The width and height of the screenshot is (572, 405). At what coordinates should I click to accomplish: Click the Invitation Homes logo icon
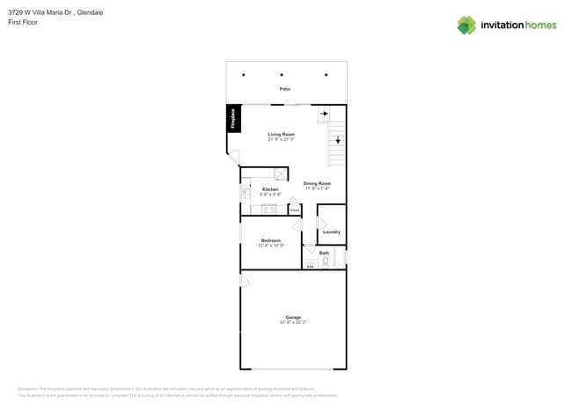pyautogui.click(x=466, y=25)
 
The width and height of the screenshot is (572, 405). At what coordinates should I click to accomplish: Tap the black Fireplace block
pyautogui.click(x=233, y=119)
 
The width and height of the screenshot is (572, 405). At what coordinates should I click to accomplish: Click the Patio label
pyautogui.click(x=285, y=89)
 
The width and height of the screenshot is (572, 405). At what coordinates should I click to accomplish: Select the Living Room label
pyautogui.click(x=282, y=134)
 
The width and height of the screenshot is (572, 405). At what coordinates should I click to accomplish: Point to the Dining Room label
pyautogui.click(x=317, y=183)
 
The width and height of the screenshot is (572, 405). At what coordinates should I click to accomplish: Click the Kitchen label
pyautogui.click(x=270, y=189)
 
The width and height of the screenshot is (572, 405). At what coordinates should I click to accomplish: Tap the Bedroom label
pyautogui.click(x=270, y=240)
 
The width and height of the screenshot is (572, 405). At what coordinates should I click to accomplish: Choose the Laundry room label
pyautogui.click(x=331, y=232)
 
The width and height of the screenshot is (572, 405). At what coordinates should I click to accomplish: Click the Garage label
pyautogui.click(x=293, y=317)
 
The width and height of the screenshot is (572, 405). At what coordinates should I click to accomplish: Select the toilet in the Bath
pyautogui.click(x=325, y=261)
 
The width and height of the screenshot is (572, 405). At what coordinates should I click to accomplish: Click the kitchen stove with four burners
pyautogui.click(x=269, y=210)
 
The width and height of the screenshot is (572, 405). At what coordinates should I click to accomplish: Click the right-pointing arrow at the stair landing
pyautogui.click(x=324, y=114)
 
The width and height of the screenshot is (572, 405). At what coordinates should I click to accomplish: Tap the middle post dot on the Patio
pyautogui.click(x=282, y=75)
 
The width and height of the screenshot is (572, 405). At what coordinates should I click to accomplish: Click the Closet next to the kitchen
pyautogui.click(x=295, y=210)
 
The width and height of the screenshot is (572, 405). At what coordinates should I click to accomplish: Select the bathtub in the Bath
pyautogui.click(x=341, y=257)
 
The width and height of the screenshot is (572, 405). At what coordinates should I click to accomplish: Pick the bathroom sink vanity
pyautogui.click(x=310, y=263)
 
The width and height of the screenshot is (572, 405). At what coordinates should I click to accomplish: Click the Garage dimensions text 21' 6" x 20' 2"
pyautogui.click(x=293, y=322)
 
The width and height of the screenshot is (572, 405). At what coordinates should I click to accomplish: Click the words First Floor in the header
pyautogui.click(x=23, y=22)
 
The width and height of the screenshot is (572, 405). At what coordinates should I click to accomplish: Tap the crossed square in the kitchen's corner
pyautogui.click(x=280, y=174)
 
